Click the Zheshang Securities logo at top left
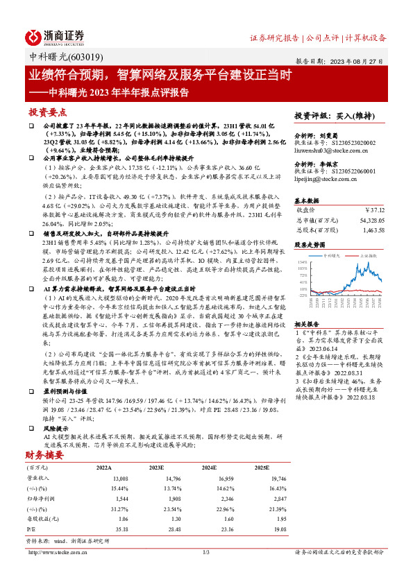(55, 37)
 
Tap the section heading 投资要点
(47, 112)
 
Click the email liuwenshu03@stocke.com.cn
(328, 148)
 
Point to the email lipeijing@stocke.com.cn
(326, 179)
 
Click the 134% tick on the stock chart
(303, 262)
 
